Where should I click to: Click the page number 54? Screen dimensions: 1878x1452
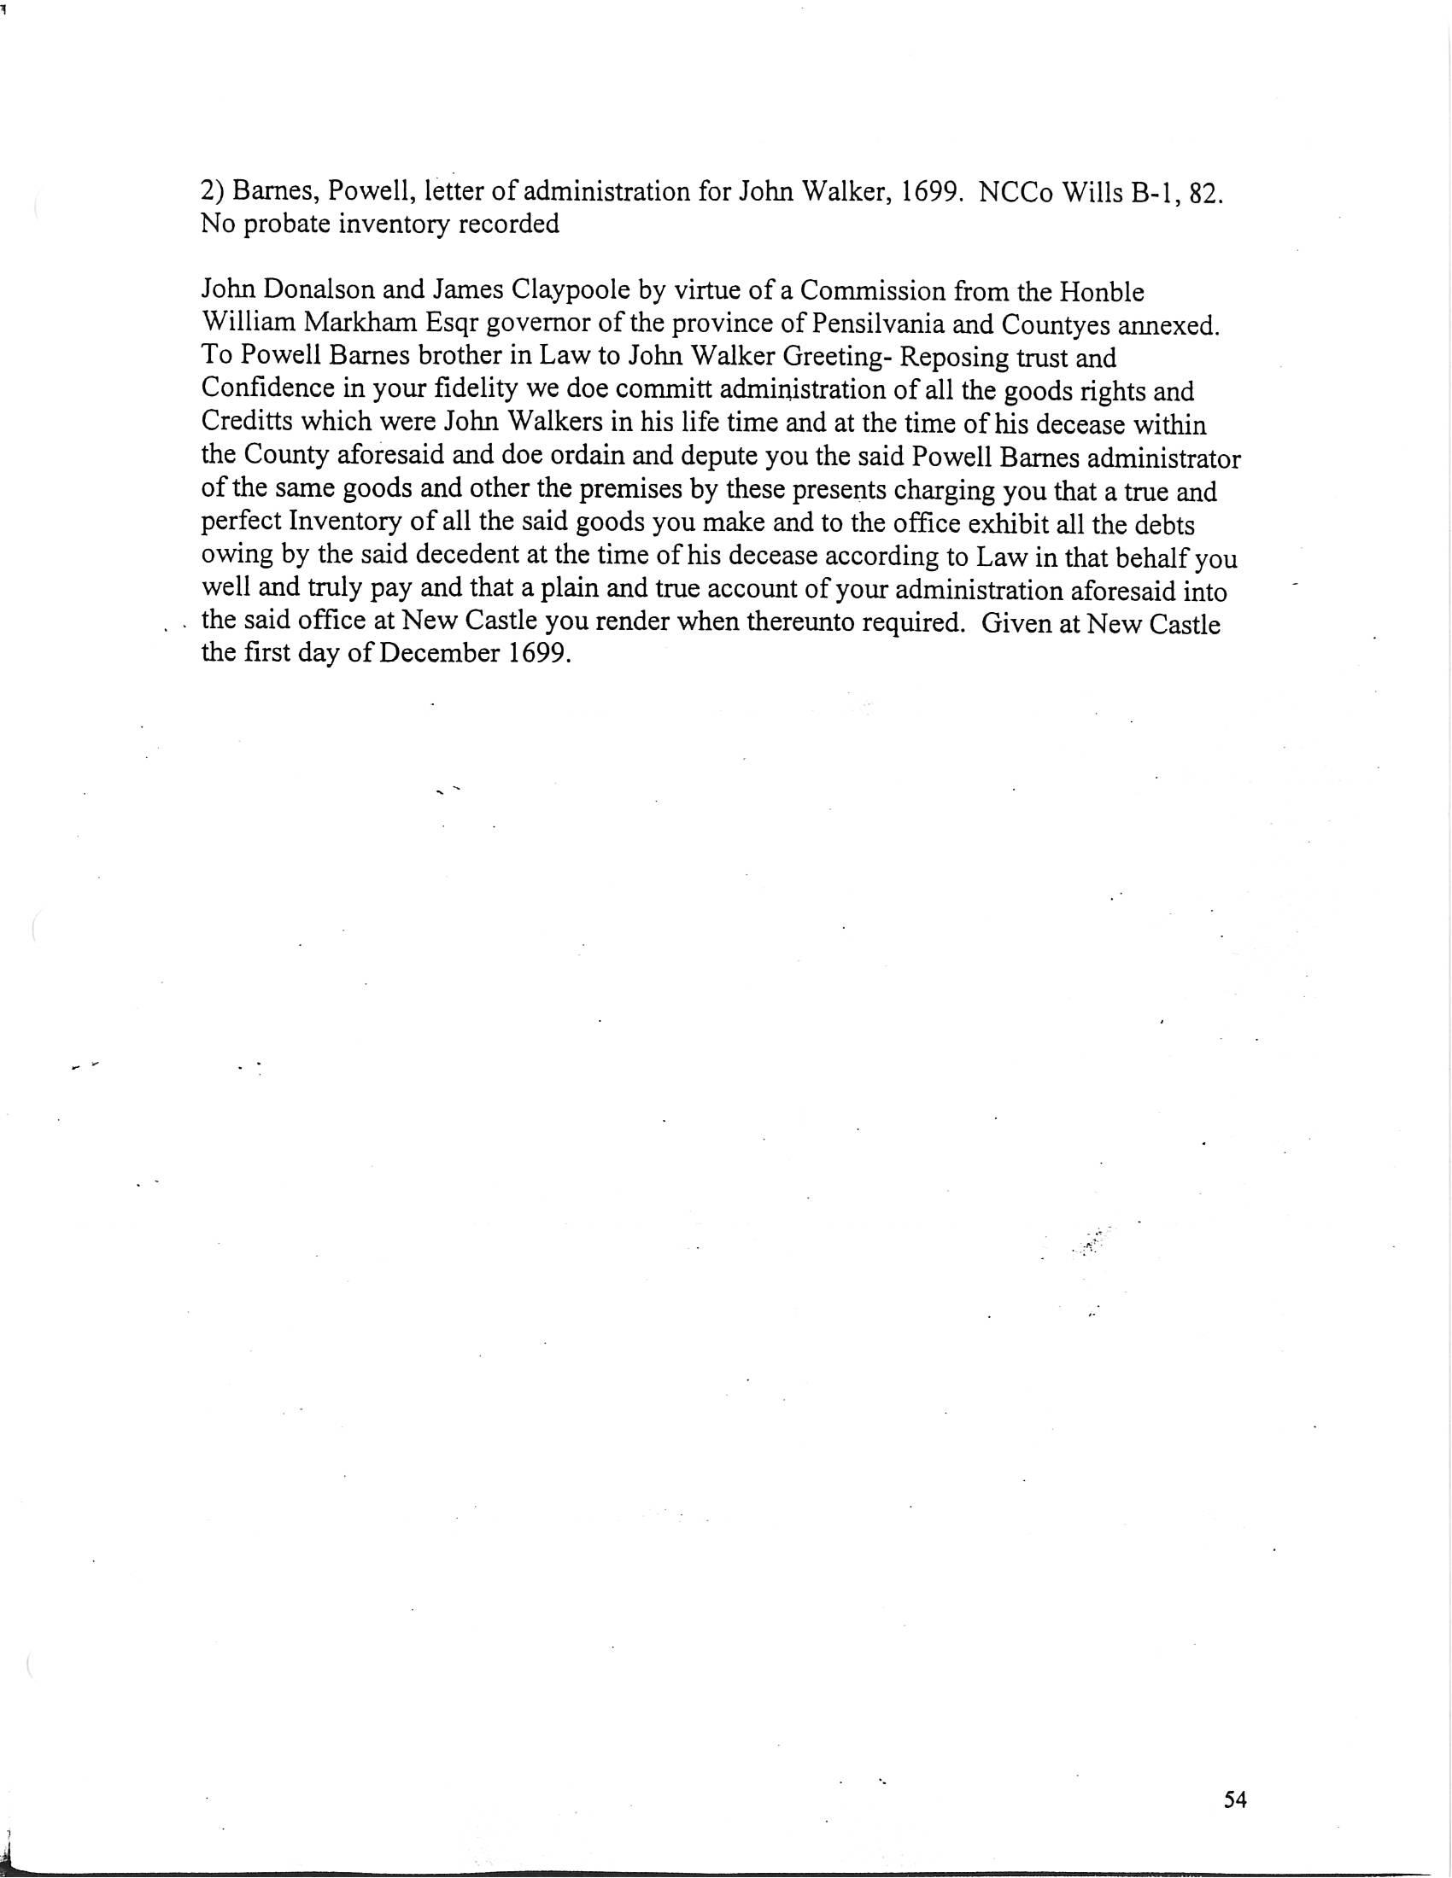click(x=1234, y=1799)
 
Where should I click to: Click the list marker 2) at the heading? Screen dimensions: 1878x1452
click(x=213, y=191)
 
